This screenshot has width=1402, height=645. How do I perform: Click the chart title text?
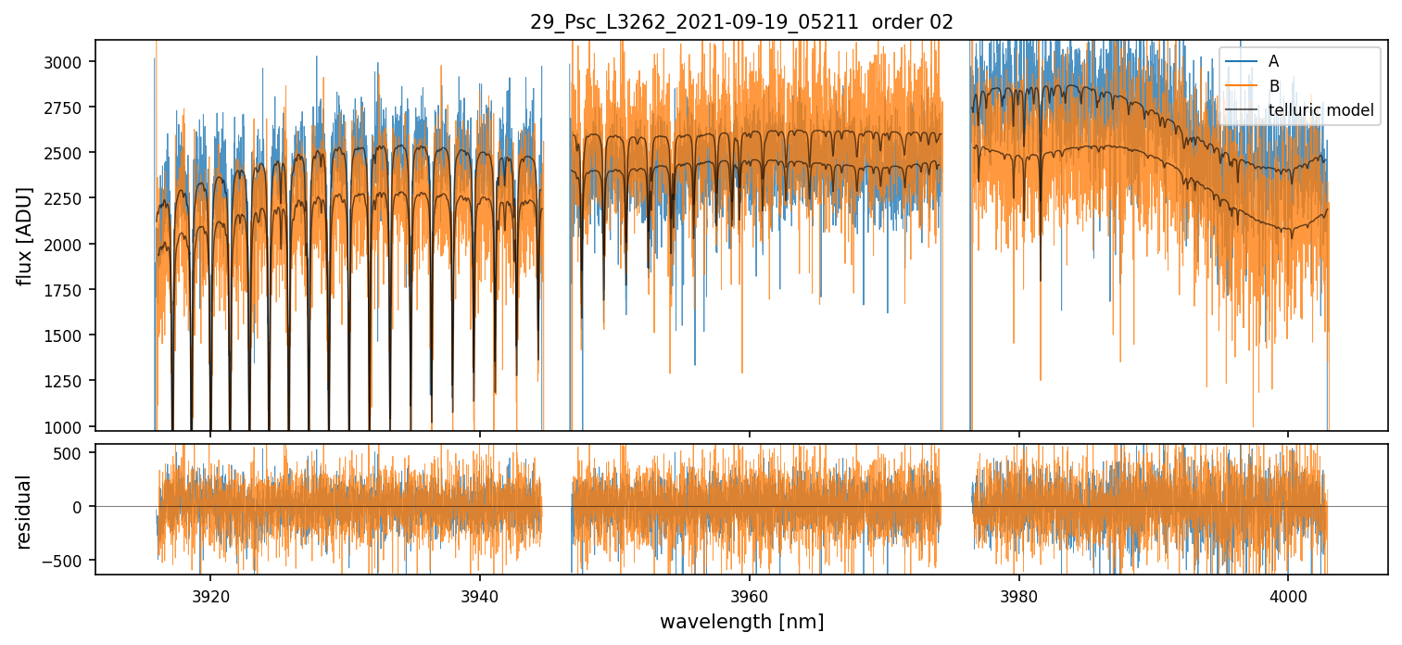[x=741, y=22]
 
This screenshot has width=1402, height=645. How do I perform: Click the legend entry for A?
[x=1273, y=61]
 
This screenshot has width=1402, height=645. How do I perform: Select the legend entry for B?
[x=1273, y=86]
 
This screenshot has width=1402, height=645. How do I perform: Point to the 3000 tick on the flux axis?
[x=69, y=62]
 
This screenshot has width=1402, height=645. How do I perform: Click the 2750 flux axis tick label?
[x=69, y=107]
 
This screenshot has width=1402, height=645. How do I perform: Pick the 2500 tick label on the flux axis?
[x=69, y=153]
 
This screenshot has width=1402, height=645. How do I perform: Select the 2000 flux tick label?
[x=69, y=245]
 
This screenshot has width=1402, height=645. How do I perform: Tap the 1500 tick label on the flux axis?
[x=69, y=335]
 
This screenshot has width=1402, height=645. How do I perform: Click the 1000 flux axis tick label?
[x=69, y=427]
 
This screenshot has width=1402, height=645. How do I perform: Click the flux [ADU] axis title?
[x=25, y=235]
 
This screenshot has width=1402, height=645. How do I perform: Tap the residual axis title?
[x=25, y=512]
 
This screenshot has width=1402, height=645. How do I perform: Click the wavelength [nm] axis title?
[x=741, y=621]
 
